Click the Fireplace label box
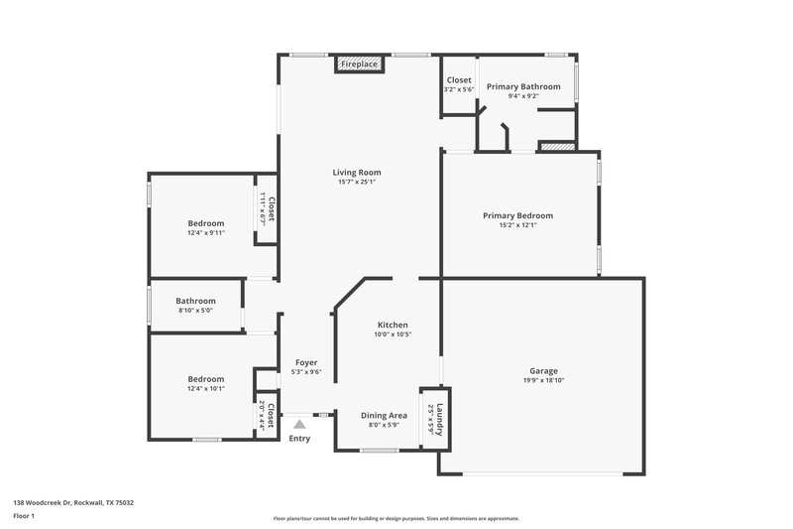point(359,64)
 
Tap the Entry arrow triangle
point(299,424)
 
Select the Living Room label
point(357,173)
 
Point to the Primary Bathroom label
point(523,86)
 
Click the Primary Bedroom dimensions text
point(517,225)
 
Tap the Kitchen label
point(393,325)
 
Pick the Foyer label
point(306,362)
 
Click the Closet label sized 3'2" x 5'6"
point(459,79)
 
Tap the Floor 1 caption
point(25,517)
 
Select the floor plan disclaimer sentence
point(396,518)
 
